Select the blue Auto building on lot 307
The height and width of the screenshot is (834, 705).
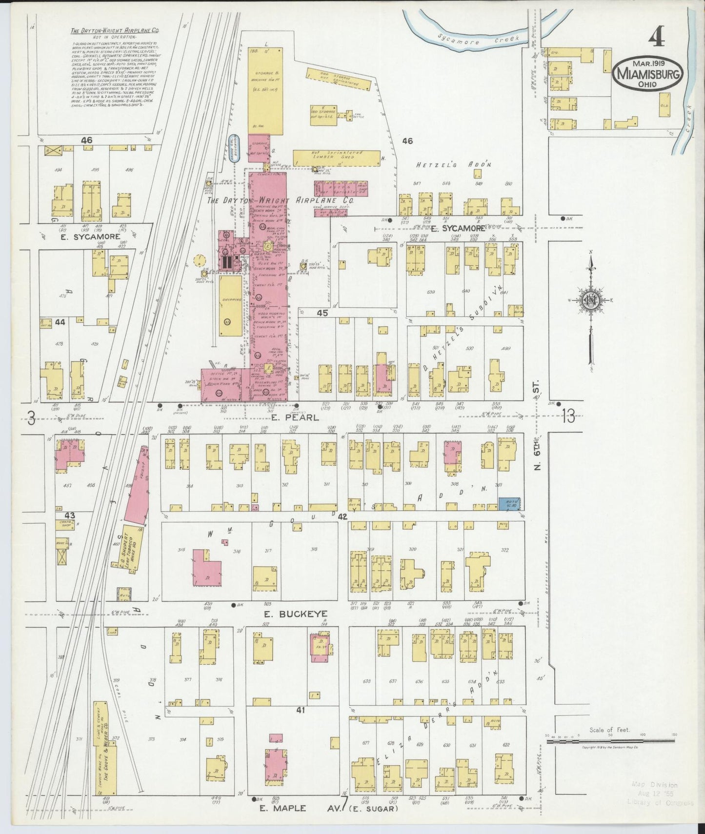pyautogui.click(x=509, y=504)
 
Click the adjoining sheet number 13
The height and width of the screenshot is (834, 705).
pyautogui.click(x=568, y=417)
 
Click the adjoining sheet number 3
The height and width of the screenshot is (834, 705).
pyautogui.click(x=31, y=418)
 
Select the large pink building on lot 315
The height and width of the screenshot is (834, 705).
pyautogui.click(x=206, y=569)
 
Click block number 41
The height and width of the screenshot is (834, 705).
pyautogui.click(x=300, y=710)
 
